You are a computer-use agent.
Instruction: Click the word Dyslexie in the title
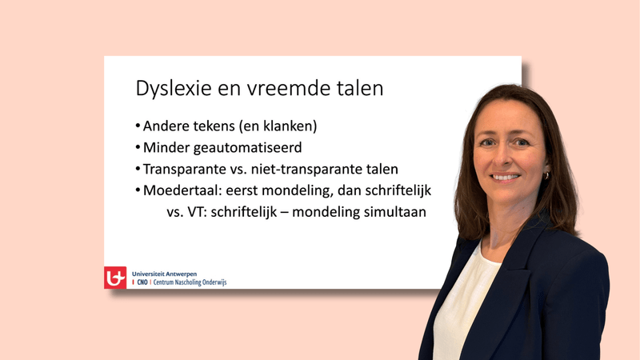point(166,88)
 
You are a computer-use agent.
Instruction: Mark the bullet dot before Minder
point(138,148)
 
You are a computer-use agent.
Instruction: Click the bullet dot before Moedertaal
point(138,191)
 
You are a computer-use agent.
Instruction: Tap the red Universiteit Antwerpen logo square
point(115,277)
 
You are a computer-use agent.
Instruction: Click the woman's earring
point(548,175)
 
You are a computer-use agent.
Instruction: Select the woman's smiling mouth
point(506,176)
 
